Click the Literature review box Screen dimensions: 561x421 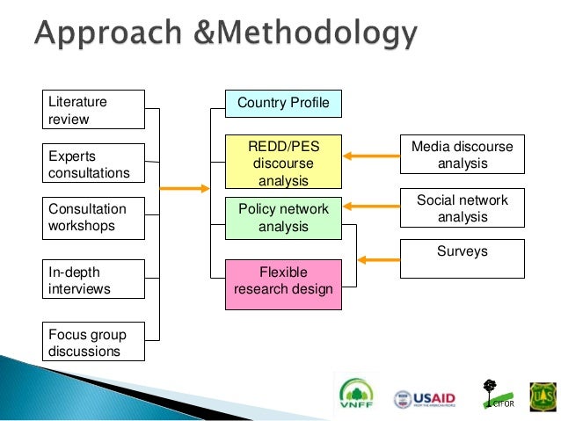click(x=94, y=110)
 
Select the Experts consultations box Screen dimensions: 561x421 click(x=94, y=163)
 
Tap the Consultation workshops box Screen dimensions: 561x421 click(x=94, y=218)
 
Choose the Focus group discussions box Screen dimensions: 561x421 click(x=94, y=343)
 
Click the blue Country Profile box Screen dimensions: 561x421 click(x=283, y=104)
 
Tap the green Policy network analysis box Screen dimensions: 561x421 click(x=283, y=218)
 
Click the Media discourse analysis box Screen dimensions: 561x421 click(x=462, y=155)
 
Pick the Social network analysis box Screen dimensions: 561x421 click(x=462, y=207)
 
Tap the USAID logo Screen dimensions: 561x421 click(x=427, y=398)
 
